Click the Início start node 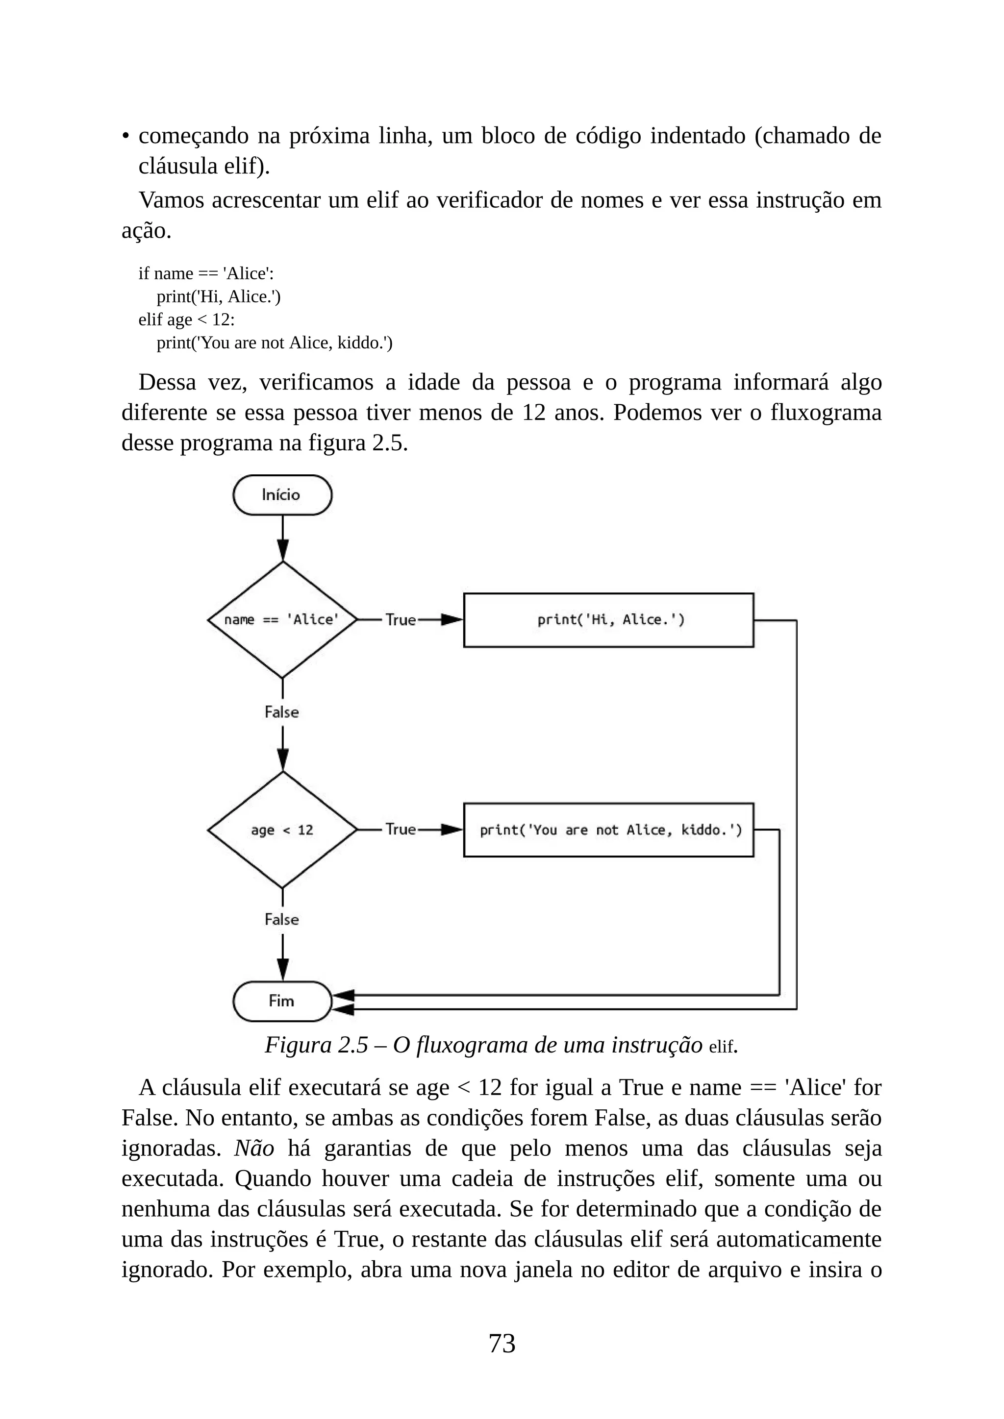click(282, 495)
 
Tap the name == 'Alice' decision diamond click(282, 620)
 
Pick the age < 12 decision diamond click(282, 830)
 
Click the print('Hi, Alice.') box click(608, 620)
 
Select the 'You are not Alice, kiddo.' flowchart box click(608, 830)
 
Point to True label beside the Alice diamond click(401, 620)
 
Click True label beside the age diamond click(401, 830)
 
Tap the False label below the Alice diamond click(282, 712)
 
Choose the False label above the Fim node click(282, 920)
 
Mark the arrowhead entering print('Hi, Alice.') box click(452, 620)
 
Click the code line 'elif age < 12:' click(186, 319)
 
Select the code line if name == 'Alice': click(206, 273)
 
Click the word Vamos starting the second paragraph click(171, 200)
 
